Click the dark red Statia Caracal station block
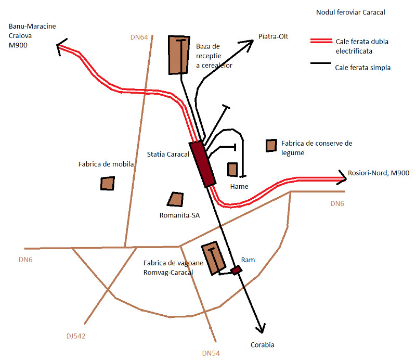(202, 163)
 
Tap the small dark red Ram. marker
(237, 269)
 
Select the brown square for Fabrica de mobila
(108, 183)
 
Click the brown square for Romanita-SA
(175, 199)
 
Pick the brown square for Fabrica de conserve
(271, 146)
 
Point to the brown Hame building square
(232, 170)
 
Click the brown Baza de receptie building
(179, 55)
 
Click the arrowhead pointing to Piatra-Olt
(249, 43)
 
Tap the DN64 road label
(139, 37)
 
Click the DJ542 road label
(76, 336)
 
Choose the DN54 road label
(211, 353)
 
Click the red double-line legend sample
(321, 42)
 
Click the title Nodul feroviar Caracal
(350, 12)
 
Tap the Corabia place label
(262, 344)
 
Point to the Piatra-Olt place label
(273, 36)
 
